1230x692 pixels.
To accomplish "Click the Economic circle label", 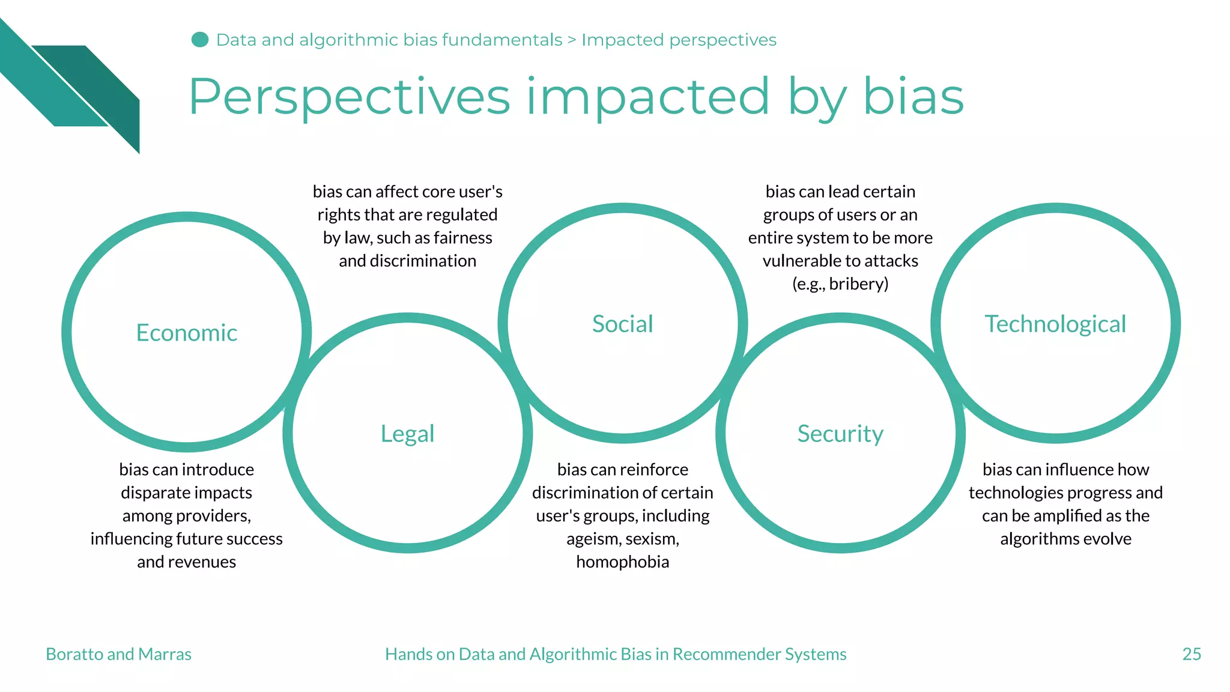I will pos(186,333).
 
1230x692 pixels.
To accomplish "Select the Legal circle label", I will pos(407,434).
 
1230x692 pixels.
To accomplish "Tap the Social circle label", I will pos(622,324).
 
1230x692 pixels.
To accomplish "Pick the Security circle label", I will pos(840,434).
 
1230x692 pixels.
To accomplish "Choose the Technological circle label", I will pos(1055,324).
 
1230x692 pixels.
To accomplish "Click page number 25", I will pos(1191,654).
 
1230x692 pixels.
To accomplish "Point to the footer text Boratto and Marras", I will pos(118,654).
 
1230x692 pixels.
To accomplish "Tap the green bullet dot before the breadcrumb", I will pos(199,40).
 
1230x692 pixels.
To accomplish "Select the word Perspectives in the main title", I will pos(349,97).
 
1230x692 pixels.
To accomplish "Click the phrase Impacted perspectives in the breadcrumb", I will pos(679,40).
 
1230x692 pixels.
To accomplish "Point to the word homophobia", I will pos(622,562).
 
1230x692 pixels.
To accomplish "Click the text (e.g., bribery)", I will pos(840,284).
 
